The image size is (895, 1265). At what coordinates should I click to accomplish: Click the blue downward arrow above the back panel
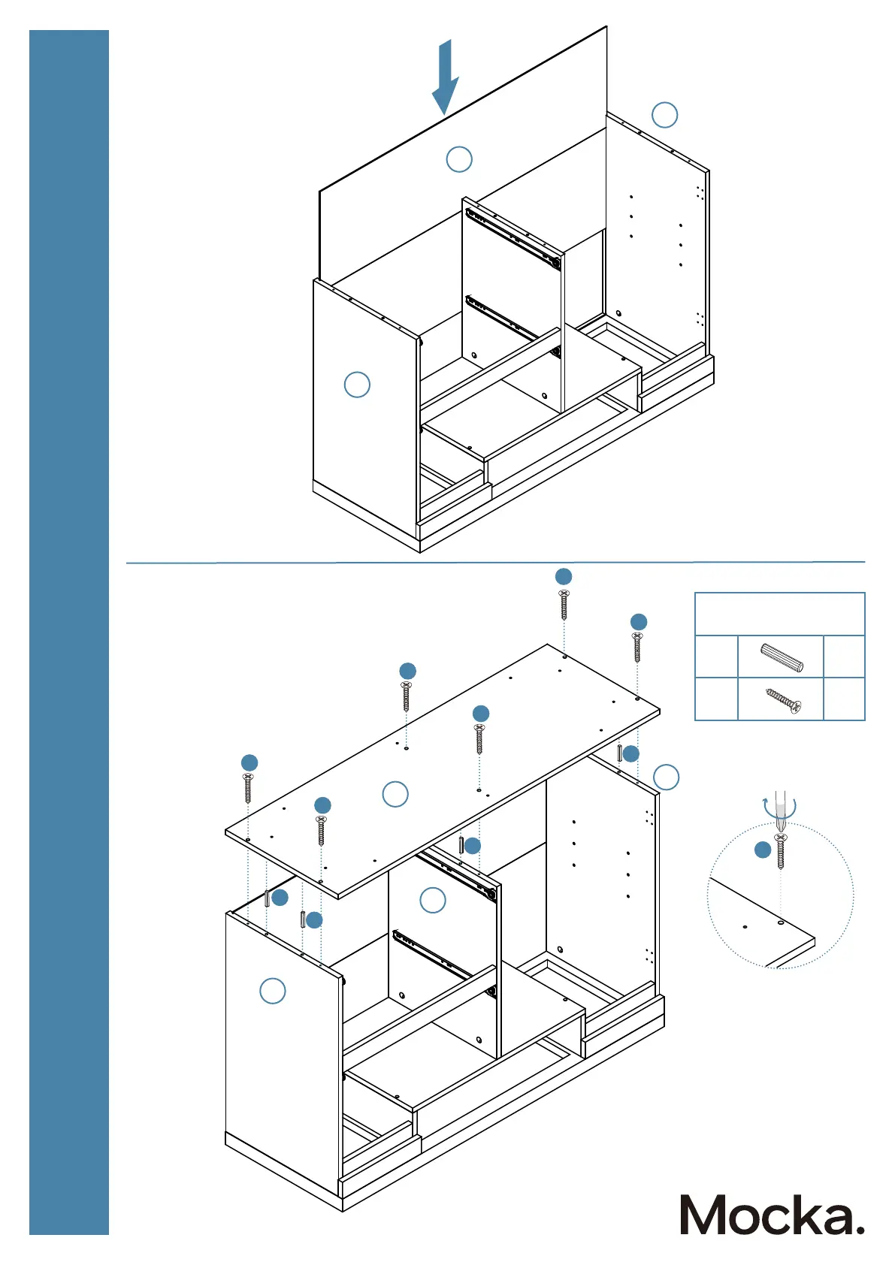tap(445, 77)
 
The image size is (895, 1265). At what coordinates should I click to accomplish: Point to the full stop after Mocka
tap(858, 1229)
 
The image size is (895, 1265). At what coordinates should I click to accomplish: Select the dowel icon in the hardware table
tap(782, 657)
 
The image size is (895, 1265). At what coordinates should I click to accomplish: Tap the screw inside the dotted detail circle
tap(781, 850)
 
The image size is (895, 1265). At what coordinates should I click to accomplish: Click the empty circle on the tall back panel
tap(459, 159)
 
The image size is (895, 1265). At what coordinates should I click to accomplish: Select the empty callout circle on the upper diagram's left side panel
tap(357, 385)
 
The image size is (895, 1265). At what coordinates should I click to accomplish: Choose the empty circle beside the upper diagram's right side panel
tap(664, 115)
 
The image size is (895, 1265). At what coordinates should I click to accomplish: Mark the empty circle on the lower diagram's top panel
tap(395, 794)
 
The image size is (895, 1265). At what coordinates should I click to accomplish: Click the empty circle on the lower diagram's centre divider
tap(433, 900)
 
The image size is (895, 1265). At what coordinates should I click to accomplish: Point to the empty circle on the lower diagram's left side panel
tap(273, 991)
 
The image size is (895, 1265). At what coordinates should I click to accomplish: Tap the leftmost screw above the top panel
tap(248, 788)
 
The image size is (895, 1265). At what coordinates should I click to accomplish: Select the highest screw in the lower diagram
tap(564, 604)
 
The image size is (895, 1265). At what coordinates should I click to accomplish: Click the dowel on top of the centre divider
tap(461, 844)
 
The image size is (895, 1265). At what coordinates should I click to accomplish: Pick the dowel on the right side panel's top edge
tap(619, 753)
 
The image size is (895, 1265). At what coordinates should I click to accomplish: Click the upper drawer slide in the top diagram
tap(513, 238)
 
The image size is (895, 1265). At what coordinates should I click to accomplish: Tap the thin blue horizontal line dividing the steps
tap(495, 562)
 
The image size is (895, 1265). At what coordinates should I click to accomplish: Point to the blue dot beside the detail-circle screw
tap(763, 850)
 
